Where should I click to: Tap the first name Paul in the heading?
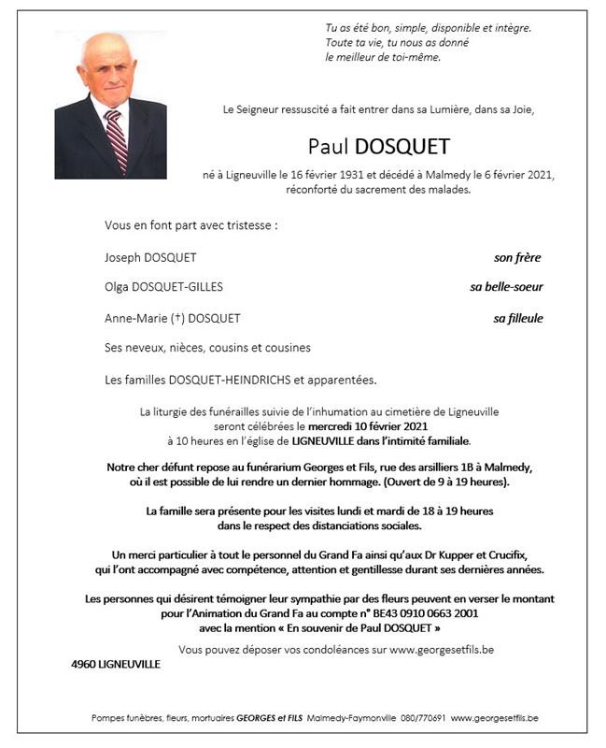pos(329,147)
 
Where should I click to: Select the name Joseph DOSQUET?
pos(151,257)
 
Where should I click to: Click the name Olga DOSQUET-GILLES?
pos(164,287)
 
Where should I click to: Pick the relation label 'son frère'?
pos(517,257)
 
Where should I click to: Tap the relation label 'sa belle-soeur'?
pos(506,287)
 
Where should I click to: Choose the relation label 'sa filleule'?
pos(518,318)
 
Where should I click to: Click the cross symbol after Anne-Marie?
pos(176,318)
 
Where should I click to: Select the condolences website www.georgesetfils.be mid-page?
pos(454,648)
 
